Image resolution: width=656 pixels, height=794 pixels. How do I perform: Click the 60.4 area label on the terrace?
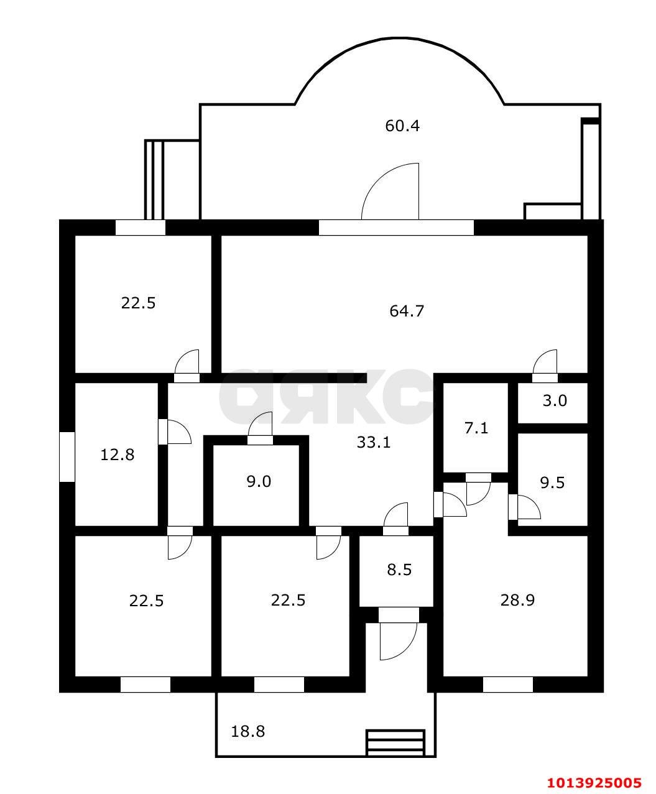pyautogui.click(x=402, y=126)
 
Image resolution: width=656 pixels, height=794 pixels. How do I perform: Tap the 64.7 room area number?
pyautogui.click(x=406, y=311)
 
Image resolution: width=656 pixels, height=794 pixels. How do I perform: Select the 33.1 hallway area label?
pyautogui.click(x=374, y=442)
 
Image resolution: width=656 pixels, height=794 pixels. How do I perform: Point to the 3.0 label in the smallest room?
pyautogui.click(x=555, y=400)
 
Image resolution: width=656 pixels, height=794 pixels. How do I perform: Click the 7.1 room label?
pyautogui.click(x=476, y=428)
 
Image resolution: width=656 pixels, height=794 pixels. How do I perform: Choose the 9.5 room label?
pyautogui.click(x=552, y=482)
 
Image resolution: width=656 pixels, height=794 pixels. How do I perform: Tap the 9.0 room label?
pyautogui.click(x=259, y=481)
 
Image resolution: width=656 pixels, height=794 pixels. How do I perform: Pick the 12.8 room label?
pyautogui.click(x=117, y=455)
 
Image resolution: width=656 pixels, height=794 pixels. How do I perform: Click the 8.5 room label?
pyautogui.click(x=399, y=570)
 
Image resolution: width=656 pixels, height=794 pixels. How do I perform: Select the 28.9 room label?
pyautogui.click(x=517, y=600)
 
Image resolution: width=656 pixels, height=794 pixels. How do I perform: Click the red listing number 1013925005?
pyautogui.click(x=594, y=782)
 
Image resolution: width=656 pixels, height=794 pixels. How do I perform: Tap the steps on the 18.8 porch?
pyautogui.click(x=395, y=742)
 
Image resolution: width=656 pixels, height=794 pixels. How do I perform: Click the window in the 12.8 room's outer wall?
pyautogui.click(x=67, y=457)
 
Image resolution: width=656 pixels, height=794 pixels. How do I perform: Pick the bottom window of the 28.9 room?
pyautogui.click(x=507, y=685)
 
